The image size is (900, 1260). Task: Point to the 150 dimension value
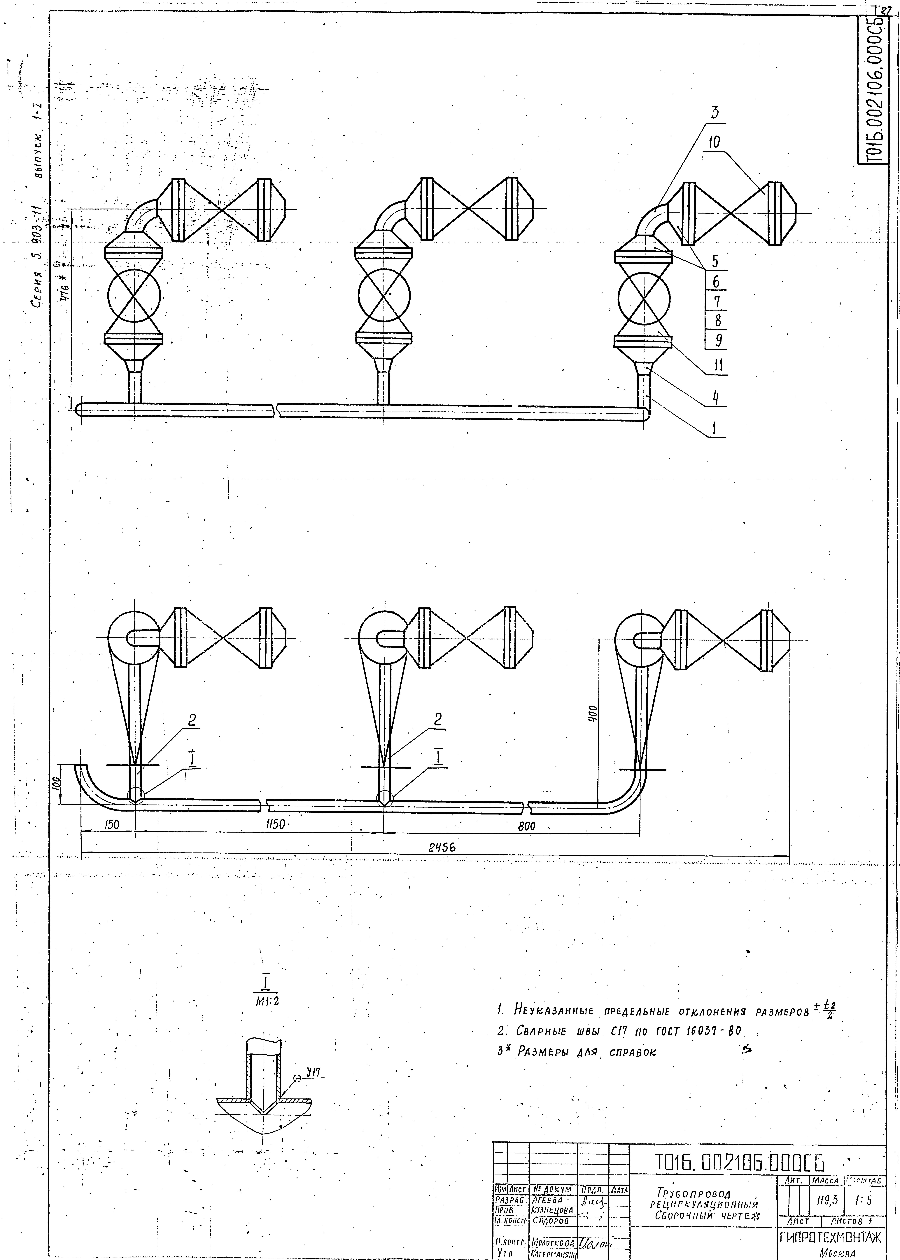pos(112,825)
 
